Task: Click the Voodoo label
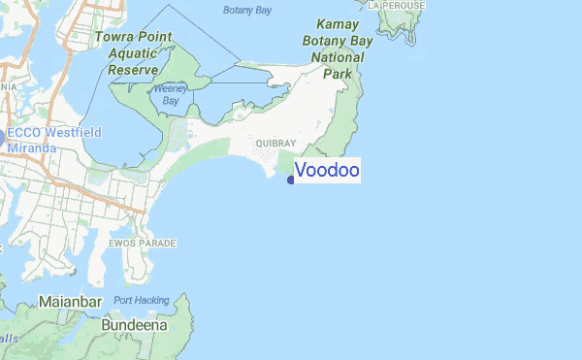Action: [x=327, y=171]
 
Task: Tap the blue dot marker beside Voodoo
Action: [x=291, y=179]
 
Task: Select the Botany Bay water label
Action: [x=246, y=11]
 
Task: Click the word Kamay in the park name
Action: [x=339, y=24]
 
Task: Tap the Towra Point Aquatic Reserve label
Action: [x=133, y=53]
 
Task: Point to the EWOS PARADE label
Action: [x=143, y=242]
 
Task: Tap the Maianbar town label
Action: [x=70, y=303]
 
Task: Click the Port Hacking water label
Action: [x=141, y=300]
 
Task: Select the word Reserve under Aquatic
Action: [x=133, y=70]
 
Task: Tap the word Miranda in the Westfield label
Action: [x=31, y=147]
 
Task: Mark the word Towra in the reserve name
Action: [x=113, y=37]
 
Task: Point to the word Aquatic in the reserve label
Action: [x=133, y=53]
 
